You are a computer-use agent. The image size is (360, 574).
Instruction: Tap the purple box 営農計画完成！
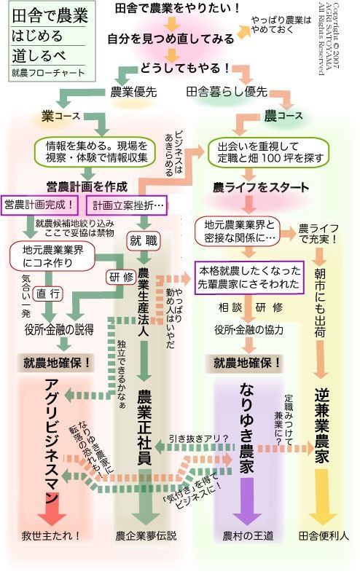point(40,205)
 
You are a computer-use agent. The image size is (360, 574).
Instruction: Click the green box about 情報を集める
point(97,152)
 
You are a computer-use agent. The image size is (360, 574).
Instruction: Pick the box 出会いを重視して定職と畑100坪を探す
point(268,152)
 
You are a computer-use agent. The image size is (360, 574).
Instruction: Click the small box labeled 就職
point(144,240)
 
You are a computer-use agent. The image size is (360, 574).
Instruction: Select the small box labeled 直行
point(47,294)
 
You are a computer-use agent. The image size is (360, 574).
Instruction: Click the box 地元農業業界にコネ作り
point(52,256)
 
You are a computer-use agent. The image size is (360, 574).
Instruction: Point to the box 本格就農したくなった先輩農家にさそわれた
point(249,277)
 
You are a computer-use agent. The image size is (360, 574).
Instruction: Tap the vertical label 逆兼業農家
point(321,425)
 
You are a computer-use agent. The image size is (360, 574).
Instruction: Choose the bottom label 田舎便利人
point(324,536)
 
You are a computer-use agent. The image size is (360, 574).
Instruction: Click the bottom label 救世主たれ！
point(51,536)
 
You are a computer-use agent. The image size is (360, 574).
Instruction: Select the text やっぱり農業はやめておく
point(281,25)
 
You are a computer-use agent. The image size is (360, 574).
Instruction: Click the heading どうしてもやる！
point(185,68)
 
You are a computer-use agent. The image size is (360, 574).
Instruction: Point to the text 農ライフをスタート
point(261,187)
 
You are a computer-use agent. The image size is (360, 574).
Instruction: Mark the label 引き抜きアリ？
point(199,439)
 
